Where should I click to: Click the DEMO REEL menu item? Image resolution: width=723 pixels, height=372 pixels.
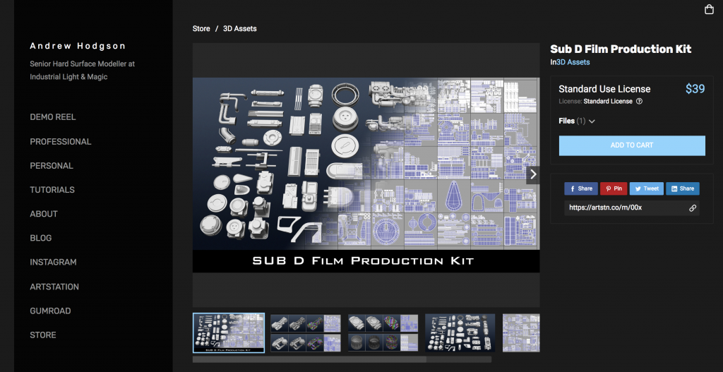[x=52, y=117]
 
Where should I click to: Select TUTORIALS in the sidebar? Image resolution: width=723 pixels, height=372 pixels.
[x=52, y=190]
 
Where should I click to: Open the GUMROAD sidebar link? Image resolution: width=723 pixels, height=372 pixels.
[x=50, y=311]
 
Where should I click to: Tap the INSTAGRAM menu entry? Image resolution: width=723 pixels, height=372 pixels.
[x=53, y=263]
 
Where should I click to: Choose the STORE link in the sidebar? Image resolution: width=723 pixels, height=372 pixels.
[x=43, y=335]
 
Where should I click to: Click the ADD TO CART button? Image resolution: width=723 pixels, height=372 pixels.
[x=632, y=145]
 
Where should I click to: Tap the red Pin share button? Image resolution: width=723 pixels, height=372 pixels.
[x=614, y=188]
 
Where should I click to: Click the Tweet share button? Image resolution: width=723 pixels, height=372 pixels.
[x=647, y=188]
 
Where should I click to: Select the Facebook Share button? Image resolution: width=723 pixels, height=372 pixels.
[x=581, y=188]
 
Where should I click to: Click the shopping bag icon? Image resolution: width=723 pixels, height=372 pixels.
[x=709, y=10]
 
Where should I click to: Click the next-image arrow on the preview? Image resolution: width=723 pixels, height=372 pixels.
[x=533, y=174]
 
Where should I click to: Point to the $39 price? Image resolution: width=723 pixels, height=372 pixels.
[x=695, y=88]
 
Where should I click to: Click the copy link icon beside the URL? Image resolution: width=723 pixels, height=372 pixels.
[x=693, y=208]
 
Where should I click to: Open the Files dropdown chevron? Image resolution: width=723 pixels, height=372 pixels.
[x=592, y=121]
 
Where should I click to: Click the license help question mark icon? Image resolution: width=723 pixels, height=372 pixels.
[x=639, y=102]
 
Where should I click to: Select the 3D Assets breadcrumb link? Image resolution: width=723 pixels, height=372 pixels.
[x=240, y=28]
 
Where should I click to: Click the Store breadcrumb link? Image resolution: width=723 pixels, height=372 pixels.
[x=201, y=28]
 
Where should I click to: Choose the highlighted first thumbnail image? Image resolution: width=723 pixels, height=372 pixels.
[x=229, y=332]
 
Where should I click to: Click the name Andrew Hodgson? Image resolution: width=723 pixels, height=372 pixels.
[x=78, y=46]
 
